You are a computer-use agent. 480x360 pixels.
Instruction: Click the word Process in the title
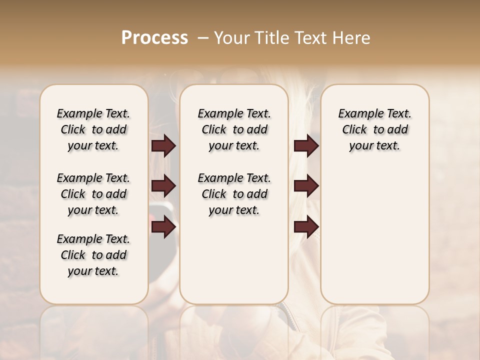tap(154, 38)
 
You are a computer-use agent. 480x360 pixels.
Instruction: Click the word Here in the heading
tap(351, 38)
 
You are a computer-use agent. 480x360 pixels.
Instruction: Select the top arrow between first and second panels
tap(163, 146)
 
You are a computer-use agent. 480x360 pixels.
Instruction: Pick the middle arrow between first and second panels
tap(163, 186)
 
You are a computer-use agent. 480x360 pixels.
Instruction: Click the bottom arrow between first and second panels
tap(163, 226)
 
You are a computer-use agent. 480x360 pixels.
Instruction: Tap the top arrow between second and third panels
tap(306, 146)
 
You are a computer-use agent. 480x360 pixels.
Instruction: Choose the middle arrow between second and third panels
tap(306, 186)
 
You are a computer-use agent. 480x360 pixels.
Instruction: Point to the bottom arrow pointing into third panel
tap(306, 226)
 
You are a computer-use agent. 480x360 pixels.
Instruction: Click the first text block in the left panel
tap(93, 129)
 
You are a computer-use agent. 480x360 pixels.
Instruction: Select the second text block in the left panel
tap(93, 194)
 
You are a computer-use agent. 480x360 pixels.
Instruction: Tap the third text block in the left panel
tap(93, 255)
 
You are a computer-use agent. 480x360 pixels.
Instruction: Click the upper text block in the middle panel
tap(234, 129)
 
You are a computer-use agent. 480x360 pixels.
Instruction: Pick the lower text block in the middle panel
tap(234, 194)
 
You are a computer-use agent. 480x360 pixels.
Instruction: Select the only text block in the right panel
tap(375, 129)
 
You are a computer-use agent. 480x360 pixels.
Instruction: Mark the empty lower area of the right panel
tap(375, 240)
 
